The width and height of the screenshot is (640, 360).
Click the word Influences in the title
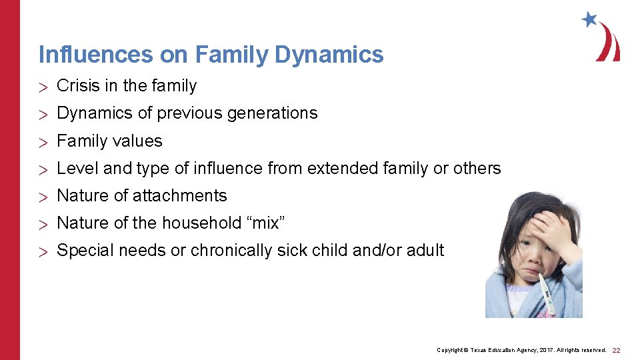[95, 54]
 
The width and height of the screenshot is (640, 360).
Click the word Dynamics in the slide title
[329, 54]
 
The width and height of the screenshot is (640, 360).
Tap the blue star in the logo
[589, 19]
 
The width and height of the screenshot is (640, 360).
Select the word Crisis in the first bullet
[75, 86]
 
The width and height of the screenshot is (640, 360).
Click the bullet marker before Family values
[44, 142]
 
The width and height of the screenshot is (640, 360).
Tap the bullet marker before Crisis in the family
[44, 87]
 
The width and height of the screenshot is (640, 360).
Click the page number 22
[617, 350]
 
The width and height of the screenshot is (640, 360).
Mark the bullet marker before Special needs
[44, 251]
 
